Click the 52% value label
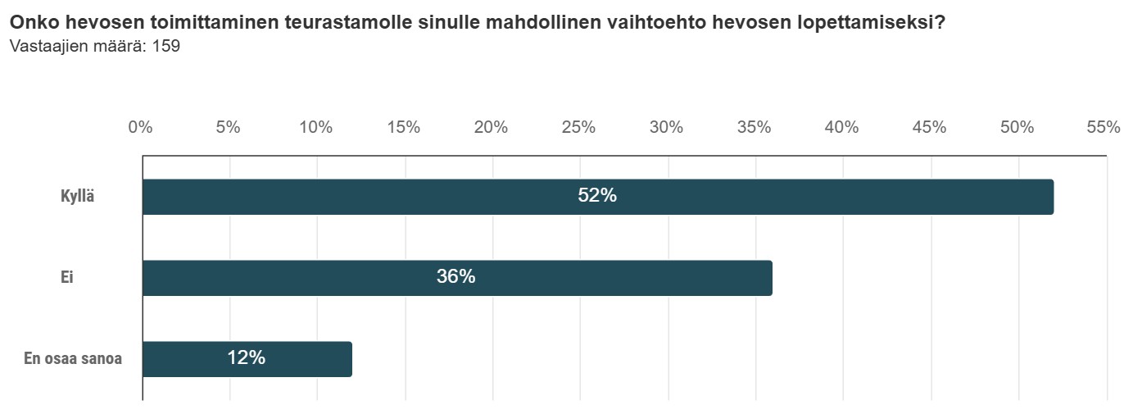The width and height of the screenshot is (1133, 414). [596, 196]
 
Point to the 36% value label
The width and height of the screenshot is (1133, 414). [455, 277]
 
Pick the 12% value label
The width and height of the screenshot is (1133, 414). [246, 358]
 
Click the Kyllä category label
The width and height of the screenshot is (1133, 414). [78, 197]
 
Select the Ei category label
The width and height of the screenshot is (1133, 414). [67, 278]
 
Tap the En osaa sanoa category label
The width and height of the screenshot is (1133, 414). [73, 358]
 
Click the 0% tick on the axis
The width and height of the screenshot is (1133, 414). [141, 127]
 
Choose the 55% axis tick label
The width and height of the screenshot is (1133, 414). [1103, 127]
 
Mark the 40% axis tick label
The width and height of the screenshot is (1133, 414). [841, 127]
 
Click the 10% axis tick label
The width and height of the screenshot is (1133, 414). [315, 127]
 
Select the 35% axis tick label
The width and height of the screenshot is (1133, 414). [754, 127]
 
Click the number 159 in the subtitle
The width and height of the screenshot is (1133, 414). [166, 47]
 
